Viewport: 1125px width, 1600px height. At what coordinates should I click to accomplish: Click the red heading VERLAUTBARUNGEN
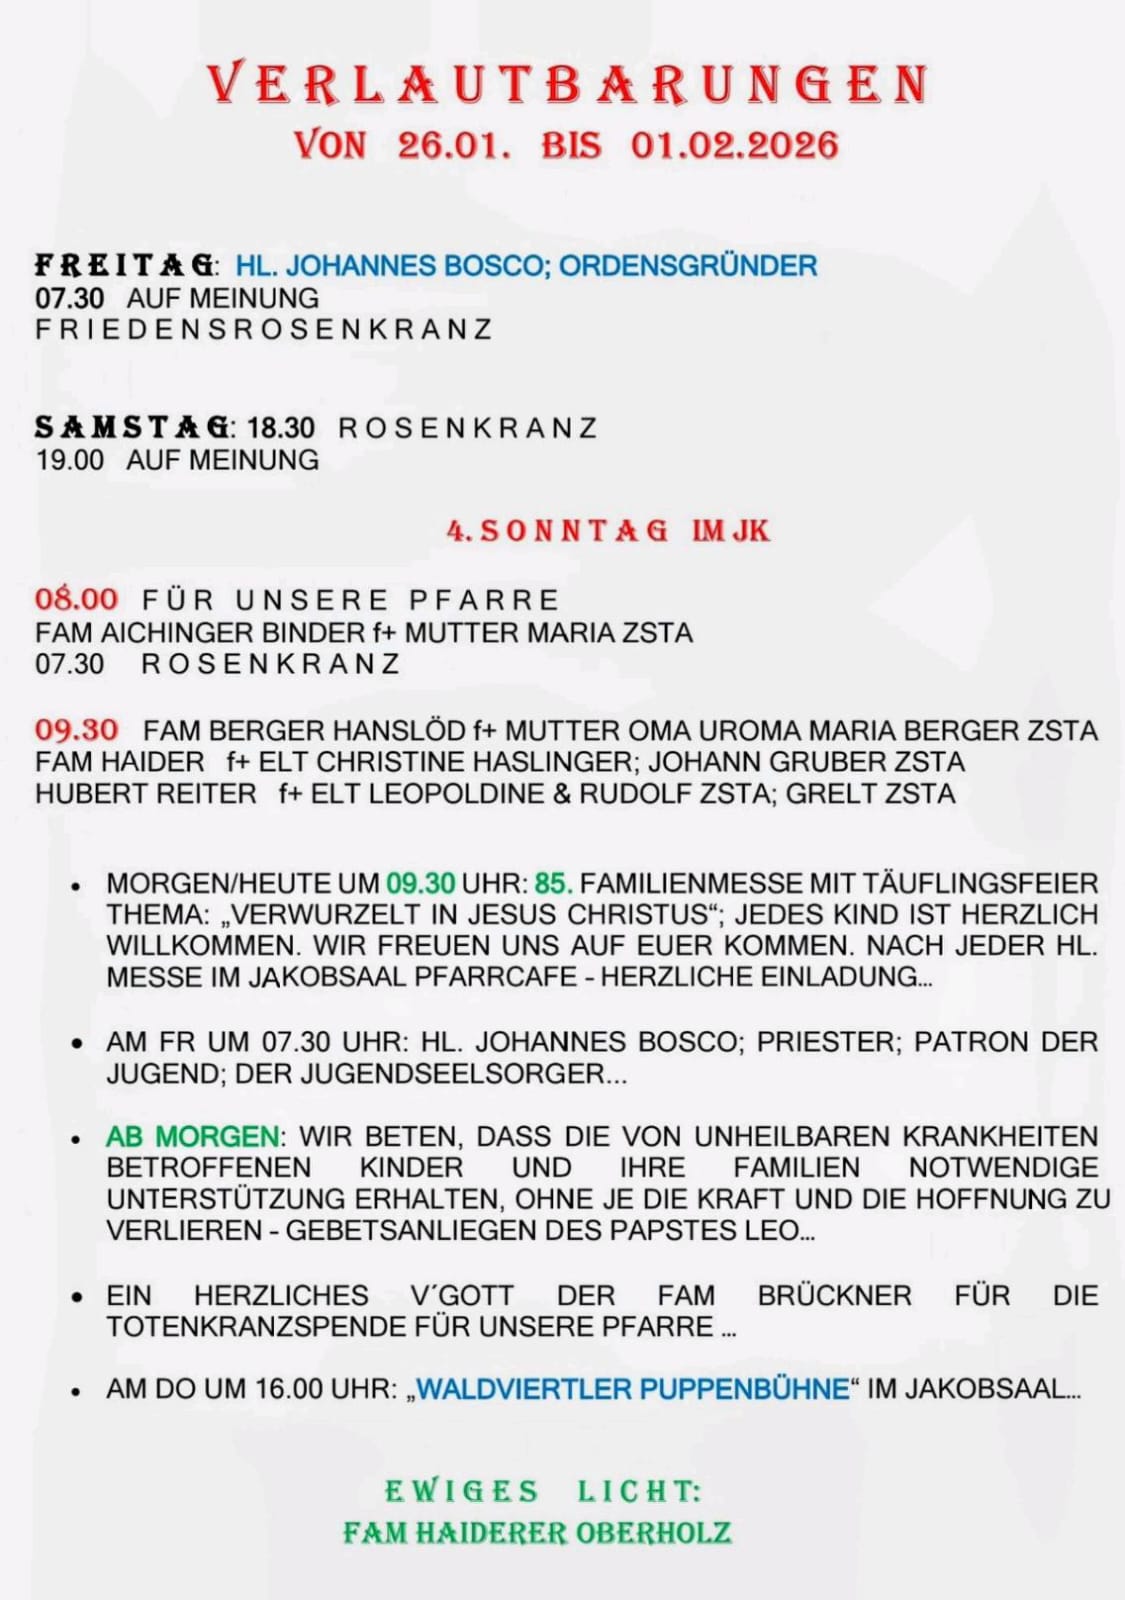click(x=568, y=84)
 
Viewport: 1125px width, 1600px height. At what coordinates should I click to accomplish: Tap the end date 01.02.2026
click(x=734, y=146)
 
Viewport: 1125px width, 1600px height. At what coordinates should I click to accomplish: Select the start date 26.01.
click(x=453, y=146)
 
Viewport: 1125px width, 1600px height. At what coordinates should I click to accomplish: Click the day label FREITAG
click(x=124, y=266)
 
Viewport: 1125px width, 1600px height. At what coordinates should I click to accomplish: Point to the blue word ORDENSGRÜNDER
click(x=688, y=266)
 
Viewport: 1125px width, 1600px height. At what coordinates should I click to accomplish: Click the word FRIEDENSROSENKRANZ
click(x=264, y=330)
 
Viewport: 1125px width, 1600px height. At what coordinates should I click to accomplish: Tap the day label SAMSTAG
click(x=132, y=428)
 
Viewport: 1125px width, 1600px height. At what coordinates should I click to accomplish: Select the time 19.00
click(x=70, y=460)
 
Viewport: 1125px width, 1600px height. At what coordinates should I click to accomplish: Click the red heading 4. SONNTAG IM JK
click(x=608, y=531)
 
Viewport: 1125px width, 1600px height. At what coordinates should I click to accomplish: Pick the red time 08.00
click(x=76, y=600)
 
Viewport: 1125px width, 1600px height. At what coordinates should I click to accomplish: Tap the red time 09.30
click(x=76, y=730)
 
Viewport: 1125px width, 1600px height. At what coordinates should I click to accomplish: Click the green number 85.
click(x=553, y=884)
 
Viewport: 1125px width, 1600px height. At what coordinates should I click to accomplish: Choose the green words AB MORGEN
click(x=193, y=1137)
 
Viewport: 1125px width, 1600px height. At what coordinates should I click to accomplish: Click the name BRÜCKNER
click(x=834, y=1296)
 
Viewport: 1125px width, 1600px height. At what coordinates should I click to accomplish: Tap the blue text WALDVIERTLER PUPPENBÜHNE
click(x=632, y=1390)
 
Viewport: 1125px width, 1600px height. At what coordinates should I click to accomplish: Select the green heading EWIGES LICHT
click(x=543, y=1491)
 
